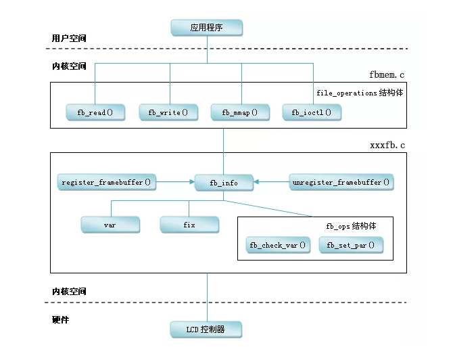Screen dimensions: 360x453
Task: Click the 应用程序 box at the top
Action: [x=206, y=28]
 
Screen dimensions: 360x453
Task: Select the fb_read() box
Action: [x=95, y=112]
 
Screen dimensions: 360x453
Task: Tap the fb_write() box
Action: [x=168, y=112]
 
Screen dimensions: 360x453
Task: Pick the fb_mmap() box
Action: [x=240, y=112]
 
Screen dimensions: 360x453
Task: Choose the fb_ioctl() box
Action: [x=311, y=112]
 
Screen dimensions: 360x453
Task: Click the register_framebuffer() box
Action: [x=106, y=182]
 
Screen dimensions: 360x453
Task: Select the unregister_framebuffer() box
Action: [x=341, y=182]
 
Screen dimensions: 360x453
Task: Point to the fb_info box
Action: [x=223, y=182]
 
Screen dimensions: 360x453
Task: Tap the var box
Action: [x=110, y=224]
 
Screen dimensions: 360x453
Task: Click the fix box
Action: [x=189, y=224]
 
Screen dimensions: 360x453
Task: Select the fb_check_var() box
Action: [x=277, y=244]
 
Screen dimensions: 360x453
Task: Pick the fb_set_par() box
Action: [x=350, y=244]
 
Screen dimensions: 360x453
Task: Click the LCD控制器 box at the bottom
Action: [x=206, y=330]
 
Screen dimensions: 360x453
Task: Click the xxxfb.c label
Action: [x=388, y=145]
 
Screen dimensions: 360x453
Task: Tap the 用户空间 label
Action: [x=69, y=39]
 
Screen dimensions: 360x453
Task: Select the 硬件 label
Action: [x=61, y=318]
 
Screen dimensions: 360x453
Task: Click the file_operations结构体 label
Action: [x=360, y=92]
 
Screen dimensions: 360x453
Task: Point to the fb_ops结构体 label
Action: [x=350, y=225]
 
